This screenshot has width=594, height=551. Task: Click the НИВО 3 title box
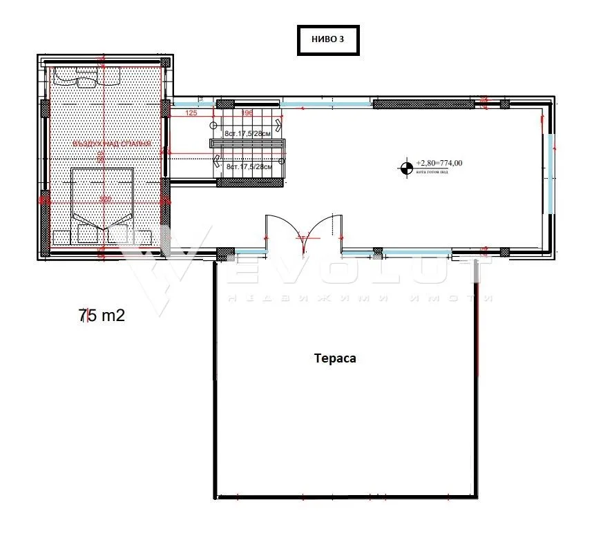coord(327,40)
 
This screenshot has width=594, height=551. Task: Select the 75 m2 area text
coord(102,316)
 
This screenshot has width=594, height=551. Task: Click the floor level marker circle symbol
coord(405,166)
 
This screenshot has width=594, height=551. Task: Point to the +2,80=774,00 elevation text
coord(439,163)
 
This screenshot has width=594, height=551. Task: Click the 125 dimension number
coord(191,113)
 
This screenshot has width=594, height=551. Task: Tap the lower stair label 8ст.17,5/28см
coord(250,166)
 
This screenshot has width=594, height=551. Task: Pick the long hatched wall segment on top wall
coord(423,104)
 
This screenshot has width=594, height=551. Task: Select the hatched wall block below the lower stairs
coord(251,182)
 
